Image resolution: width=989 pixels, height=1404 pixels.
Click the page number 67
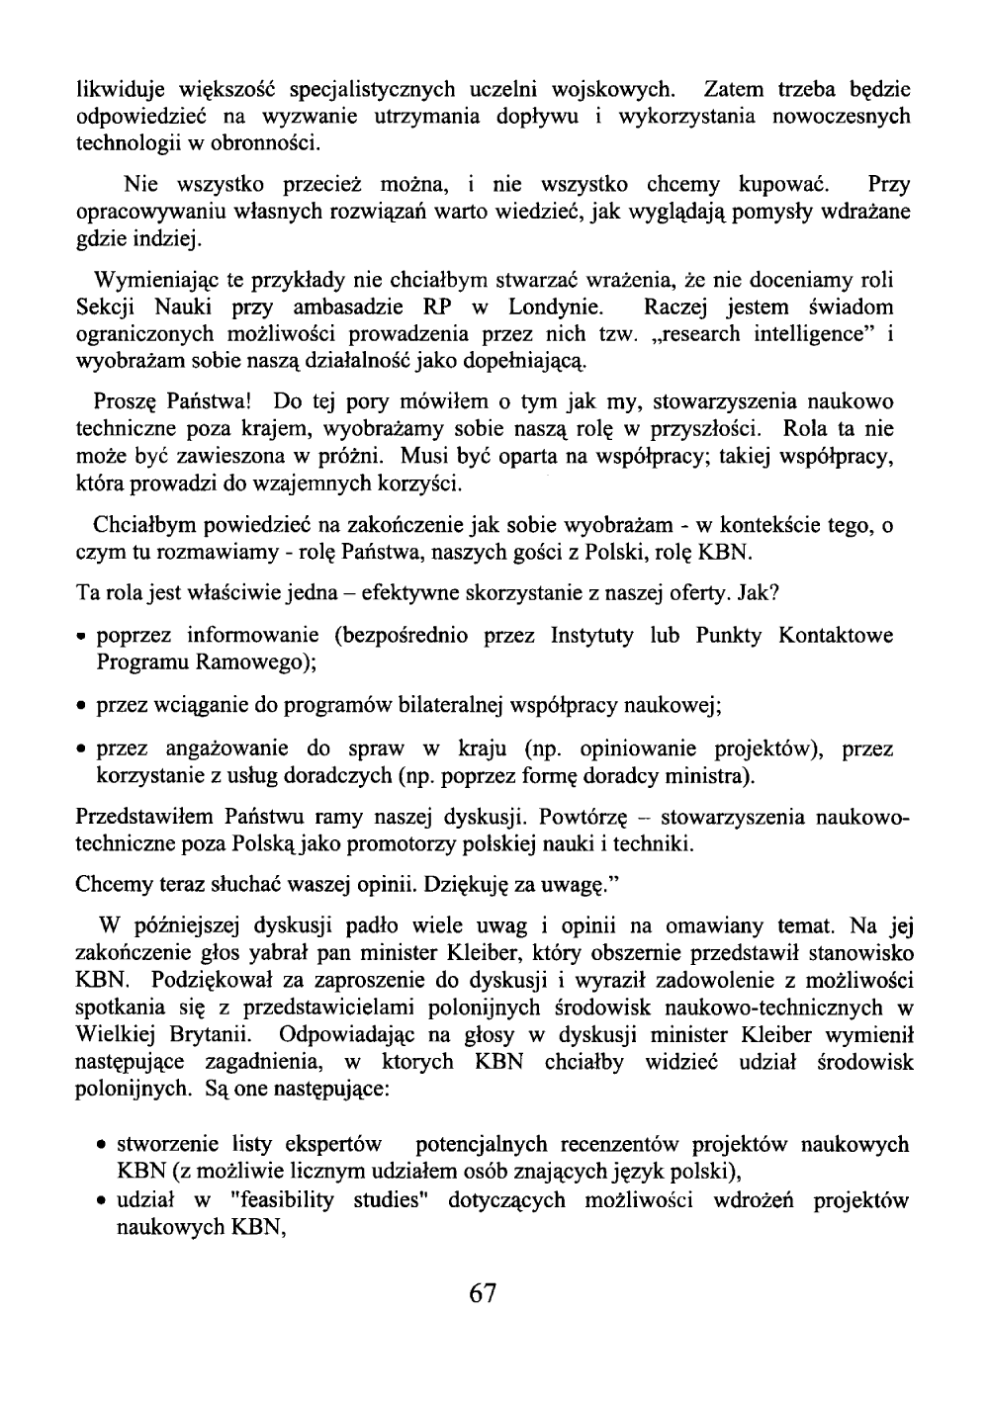[x=483, y=1294]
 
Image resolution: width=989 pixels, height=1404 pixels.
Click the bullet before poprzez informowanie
[x=83, y=636]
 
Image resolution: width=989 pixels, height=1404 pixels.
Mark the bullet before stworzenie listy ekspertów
[x=103, y=1147]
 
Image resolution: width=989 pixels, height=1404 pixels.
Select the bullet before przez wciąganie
[x=83, y=707]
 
